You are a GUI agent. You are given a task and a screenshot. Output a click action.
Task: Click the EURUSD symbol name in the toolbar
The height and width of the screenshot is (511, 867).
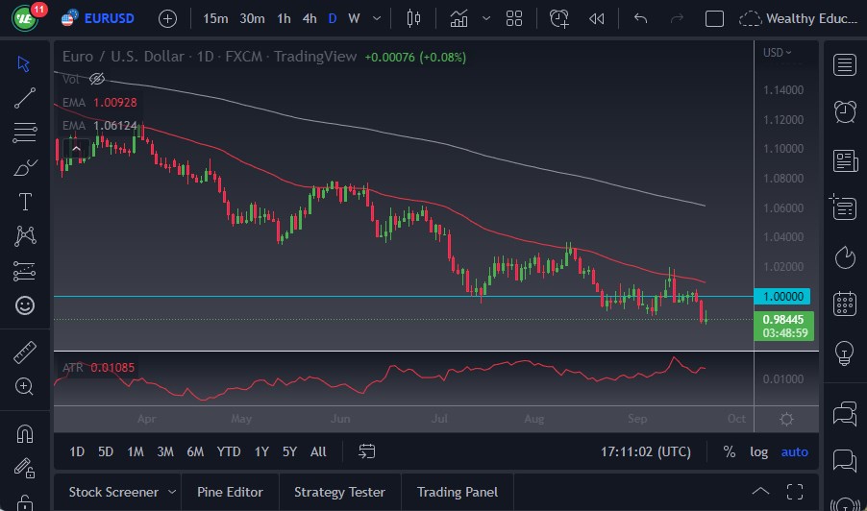click(109, 18)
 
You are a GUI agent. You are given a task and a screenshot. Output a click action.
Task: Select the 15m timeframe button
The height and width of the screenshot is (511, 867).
click(216, 18)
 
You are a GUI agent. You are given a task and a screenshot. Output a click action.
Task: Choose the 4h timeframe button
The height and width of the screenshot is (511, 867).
click(309, 18)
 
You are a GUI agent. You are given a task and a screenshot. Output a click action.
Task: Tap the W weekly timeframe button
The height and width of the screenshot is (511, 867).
click(354, 18)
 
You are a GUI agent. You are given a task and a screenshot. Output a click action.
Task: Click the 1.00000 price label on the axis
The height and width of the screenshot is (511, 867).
click(785, 297)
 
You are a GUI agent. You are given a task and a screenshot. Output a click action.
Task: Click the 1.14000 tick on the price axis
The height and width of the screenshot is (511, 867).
click(783, 90)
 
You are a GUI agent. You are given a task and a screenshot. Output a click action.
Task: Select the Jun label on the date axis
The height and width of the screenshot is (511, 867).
click(339, 419)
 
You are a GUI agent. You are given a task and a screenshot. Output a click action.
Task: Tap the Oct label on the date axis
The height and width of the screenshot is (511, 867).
click(736, 419)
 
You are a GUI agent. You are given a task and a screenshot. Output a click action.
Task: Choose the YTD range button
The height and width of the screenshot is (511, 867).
click(229, 451)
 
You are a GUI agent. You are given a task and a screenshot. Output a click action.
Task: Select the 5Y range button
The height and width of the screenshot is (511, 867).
click(289, 451)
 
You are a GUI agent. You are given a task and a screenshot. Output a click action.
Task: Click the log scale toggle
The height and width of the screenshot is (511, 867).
click(759, 451)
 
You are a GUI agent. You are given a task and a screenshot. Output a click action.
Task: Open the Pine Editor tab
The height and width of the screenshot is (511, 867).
click(230, 492)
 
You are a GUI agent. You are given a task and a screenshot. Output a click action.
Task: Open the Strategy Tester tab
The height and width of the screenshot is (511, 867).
click(339, 492)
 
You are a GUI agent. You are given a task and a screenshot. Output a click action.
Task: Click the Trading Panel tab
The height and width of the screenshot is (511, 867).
click(457, 492)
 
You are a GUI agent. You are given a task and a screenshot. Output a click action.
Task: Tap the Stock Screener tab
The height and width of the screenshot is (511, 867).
click(112, 492)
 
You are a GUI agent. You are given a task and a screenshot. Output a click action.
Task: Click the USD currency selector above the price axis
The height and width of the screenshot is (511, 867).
click(777, 53)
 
